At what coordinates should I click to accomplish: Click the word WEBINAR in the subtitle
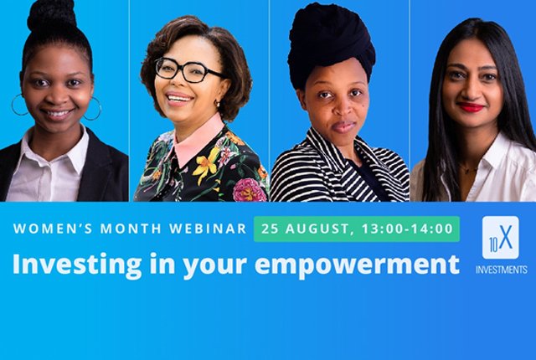[208, 229]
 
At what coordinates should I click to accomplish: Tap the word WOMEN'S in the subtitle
[53, 229]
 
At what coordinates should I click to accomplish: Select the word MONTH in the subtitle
[131, 229]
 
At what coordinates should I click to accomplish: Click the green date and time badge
[357, 229]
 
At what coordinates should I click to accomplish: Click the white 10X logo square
[501, 238]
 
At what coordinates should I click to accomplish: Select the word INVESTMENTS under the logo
[501, 270]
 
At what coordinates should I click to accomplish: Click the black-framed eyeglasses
[188, 70]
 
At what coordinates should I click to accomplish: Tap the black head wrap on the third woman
[330, 44]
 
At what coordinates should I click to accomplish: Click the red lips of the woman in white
[471, 107]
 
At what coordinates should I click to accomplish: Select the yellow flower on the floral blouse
[206, 163]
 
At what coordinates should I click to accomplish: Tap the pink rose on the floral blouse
[250, 190]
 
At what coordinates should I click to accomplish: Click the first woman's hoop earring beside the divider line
[93, 109]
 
